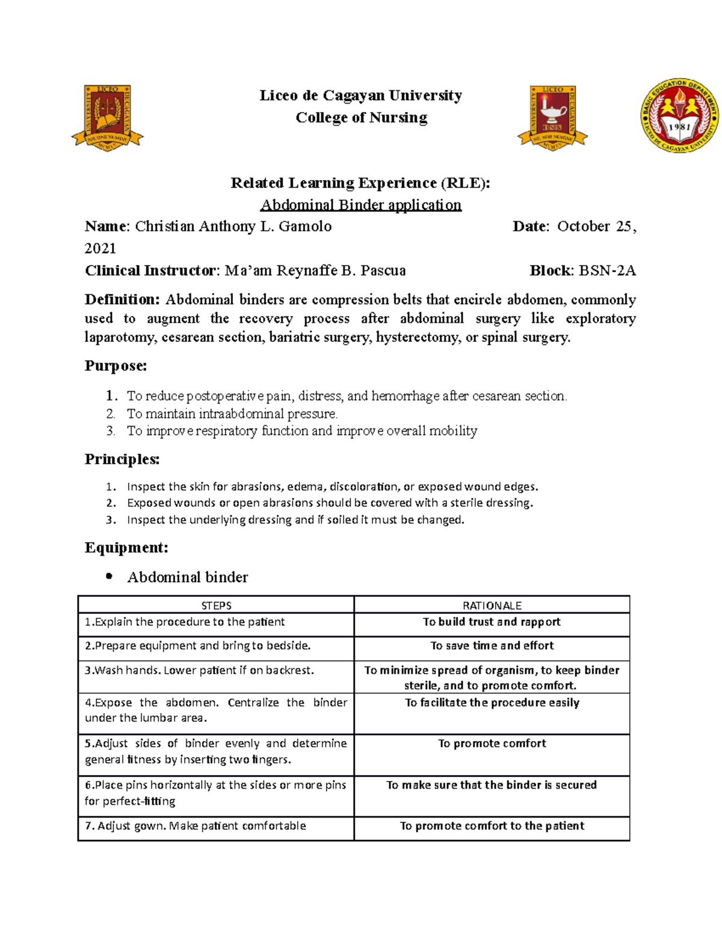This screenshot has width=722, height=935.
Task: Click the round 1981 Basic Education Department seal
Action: tap(679, 116)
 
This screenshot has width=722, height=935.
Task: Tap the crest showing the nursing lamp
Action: tap(552, 117)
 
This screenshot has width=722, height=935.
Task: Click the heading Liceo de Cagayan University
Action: tap(360, 95)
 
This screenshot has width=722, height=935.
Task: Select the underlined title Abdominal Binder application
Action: tap(360, 205)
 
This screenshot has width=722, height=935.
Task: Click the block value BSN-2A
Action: tap(607, 270)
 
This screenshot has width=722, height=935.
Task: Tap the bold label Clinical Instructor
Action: tap(150, 270)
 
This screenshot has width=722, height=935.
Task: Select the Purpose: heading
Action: tap(116, 365)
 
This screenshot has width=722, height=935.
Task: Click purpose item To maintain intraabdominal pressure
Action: tap(232, 414)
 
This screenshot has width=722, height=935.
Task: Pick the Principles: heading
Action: tap(122, 459)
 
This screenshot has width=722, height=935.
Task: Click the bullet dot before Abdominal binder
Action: tap(109, 576)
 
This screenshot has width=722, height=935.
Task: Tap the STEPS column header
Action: tap(216, 605)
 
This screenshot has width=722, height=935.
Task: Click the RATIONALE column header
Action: tap(492, 605)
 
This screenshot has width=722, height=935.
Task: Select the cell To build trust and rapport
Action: tap(492, 622)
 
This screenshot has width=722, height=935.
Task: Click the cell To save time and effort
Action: tap(492, 645)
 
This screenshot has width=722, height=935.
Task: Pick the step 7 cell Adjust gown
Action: tap(196, 826)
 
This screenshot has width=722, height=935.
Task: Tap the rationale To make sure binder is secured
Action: tap(492, 785)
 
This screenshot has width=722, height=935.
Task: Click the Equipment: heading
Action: tap(126, 547)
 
